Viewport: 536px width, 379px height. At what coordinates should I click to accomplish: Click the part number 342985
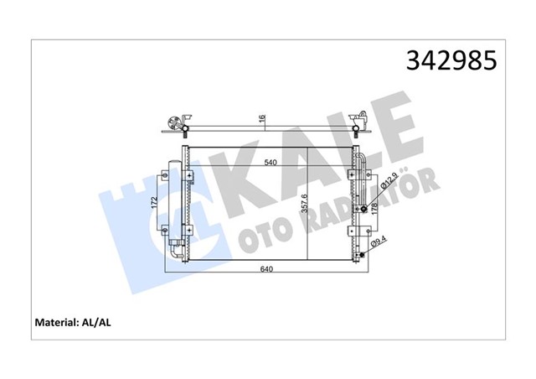(x=451, y=60)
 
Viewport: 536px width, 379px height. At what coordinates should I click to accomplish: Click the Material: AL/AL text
(x=71, y=321)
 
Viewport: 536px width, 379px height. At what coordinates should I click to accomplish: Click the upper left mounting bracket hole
(x=191, y=176)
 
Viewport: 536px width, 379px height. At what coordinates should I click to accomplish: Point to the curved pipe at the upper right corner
(x=360, y=159)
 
